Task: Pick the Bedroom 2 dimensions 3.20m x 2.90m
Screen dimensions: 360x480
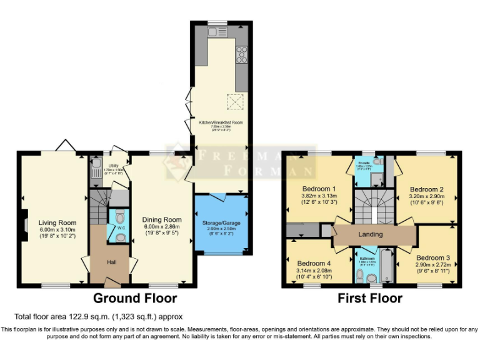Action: (x=426, y=196)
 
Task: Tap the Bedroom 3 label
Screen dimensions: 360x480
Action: (x=432, y=257)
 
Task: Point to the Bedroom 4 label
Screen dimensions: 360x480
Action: (x=314, y=263)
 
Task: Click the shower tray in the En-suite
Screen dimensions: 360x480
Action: (x=376, y=180)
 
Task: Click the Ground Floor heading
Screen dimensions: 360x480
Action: (x=134, y=299)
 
